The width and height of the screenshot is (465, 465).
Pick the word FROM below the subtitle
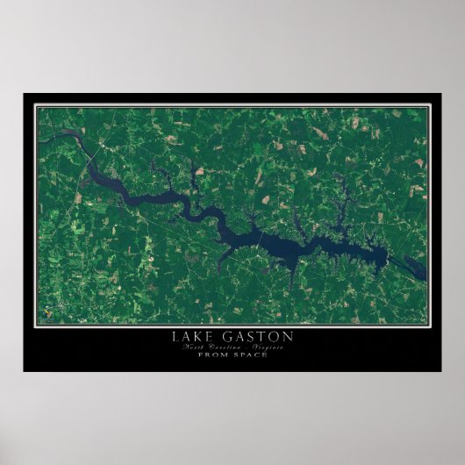coord(213,354)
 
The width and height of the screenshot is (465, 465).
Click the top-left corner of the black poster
coord(24,93)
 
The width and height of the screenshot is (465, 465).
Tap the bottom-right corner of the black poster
coord(441,370)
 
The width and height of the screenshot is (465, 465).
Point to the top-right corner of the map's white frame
coord(429,105)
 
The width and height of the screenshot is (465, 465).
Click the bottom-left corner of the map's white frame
coord(36,324)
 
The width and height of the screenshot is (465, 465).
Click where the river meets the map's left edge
coord(39,135)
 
